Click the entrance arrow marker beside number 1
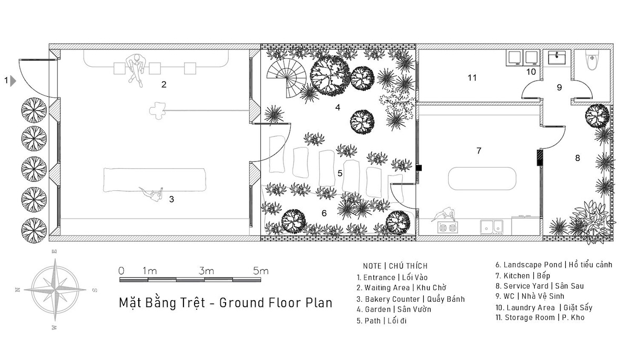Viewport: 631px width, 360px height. tap(13, 81)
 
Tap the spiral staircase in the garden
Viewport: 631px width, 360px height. tap(287, 78)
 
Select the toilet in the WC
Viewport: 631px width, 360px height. tap(592, 60)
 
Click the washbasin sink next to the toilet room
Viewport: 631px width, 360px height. tap(557, 58)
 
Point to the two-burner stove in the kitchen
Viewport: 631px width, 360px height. tap(447, 228)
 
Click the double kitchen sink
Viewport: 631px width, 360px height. tap(492, 227)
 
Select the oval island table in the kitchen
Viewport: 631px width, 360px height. tap(482, 179)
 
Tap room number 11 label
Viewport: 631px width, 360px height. tap(472, 78)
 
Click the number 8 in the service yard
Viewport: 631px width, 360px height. tap(577, 158)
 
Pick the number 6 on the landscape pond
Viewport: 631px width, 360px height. tap(324, 213)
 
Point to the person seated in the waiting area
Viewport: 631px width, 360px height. tap(136, 70)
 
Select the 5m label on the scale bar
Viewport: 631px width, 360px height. tap(261, 271)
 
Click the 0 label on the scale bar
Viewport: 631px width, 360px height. tap(121, 271)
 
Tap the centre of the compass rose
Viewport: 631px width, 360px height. tap(55, 290)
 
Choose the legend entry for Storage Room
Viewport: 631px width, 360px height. tap(540, 317)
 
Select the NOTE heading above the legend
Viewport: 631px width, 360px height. tap(372, 266)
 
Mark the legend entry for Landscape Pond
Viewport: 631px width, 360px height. tap(554, 265)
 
